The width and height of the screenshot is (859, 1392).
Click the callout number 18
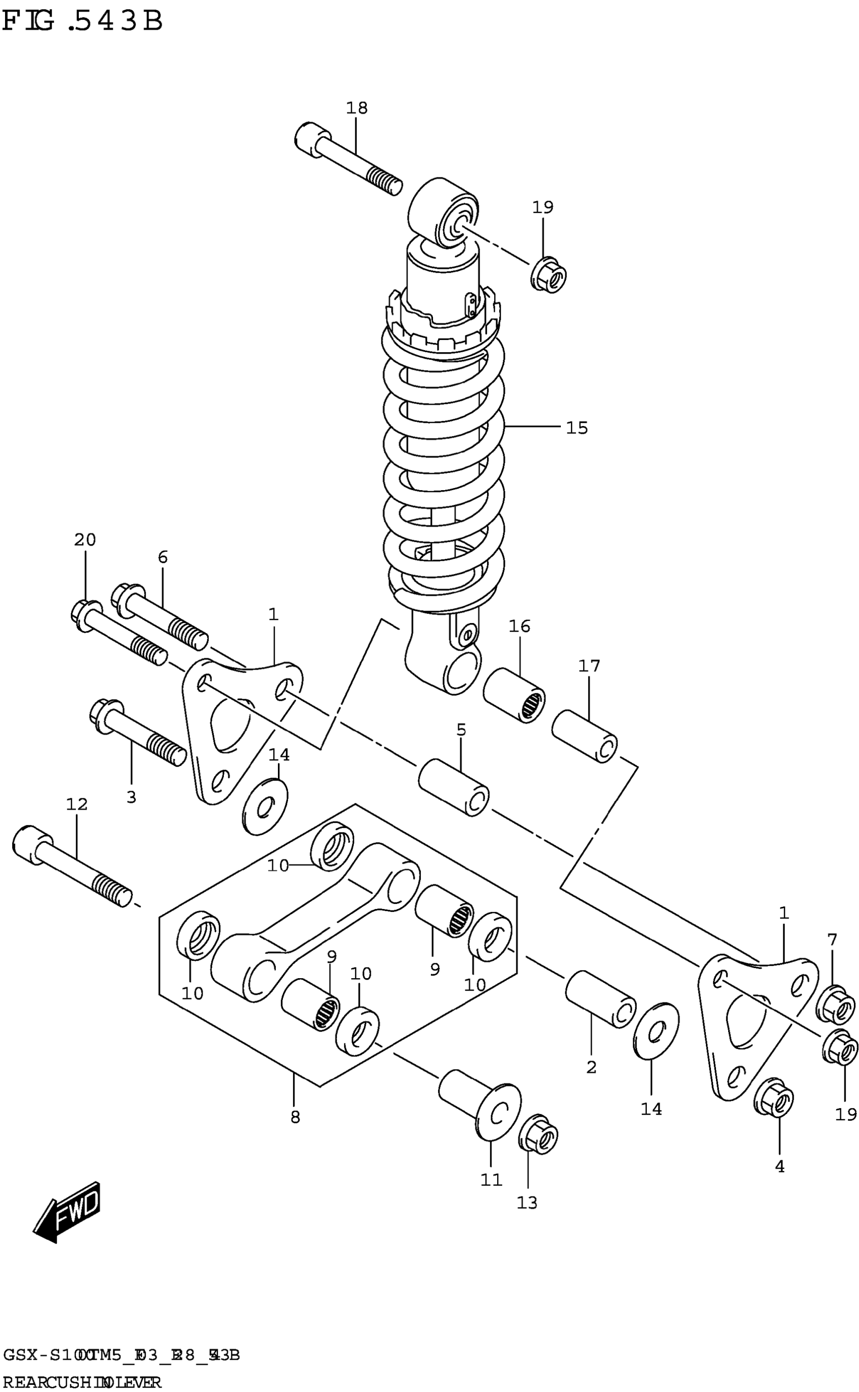click(x=357, y=108)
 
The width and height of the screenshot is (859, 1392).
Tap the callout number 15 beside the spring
click(x=577, y=427)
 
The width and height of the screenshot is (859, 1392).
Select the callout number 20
click(x=85, y=540)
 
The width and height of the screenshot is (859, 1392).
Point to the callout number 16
click(x=519, y=627)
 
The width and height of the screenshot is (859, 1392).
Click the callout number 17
click(x=589, y=665)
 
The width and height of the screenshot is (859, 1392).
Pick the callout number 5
click(x=461, y=730)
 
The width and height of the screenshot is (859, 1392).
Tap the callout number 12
click(x=77, y=804)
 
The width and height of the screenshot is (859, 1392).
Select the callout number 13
click(x=527, y=1203)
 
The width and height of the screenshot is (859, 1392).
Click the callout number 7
click(x=832, y=940)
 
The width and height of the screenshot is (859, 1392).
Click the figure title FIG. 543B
click(x=82, y=22)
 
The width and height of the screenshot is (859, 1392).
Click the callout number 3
click(x=131, y=797)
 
